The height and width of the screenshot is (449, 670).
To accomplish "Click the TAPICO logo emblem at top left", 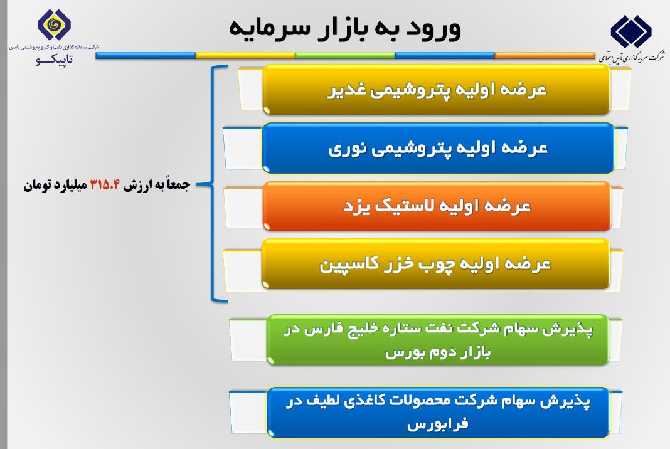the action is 55,25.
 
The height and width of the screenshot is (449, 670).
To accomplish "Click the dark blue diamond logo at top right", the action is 630,31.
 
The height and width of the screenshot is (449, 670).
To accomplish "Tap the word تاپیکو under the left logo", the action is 55,59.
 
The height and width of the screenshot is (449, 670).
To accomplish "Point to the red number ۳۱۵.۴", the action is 105,185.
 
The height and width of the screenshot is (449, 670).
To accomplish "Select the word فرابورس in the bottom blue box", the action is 438,424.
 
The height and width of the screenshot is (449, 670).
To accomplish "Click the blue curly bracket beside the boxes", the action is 211,184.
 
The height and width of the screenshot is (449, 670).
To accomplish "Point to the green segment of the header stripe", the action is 345,56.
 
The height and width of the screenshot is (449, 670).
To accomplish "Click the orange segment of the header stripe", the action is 545,56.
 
